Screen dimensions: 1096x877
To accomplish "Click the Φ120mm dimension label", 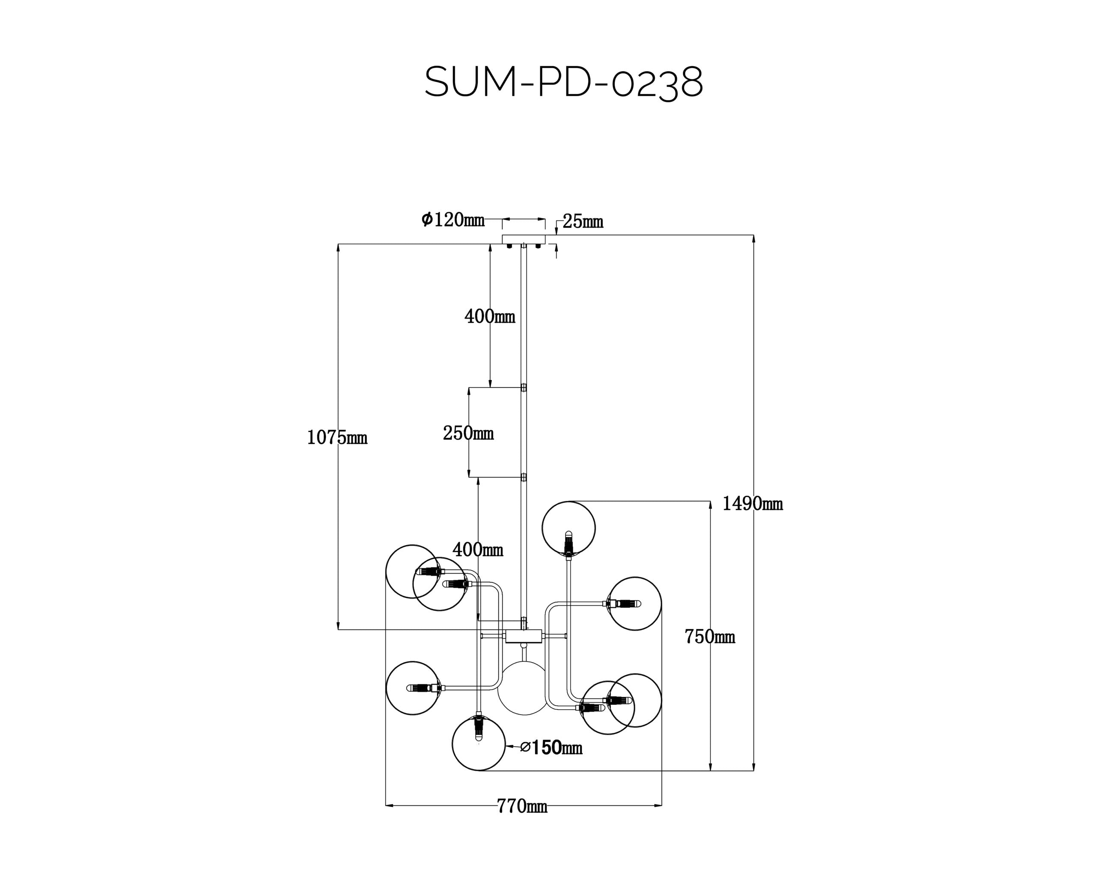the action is pyautogui.click(x=453, y=220).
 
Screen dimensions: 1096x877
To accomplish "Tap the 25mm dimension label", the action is pyautogui.click(x=583, y=222).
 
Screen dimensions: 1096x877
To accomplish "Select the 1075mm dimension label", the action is pyautogui.click(x=337, y=438).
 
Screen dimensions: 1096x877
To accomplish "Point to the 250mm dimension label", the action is pyautogui.click(x=468, y=433).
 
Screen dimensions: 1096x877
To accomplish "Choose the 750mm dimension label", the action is pyautogui.click(x=710, y=636).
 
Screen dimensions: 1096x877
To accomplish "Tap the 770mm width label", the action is pyautogui.click(x=522, y=806).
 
